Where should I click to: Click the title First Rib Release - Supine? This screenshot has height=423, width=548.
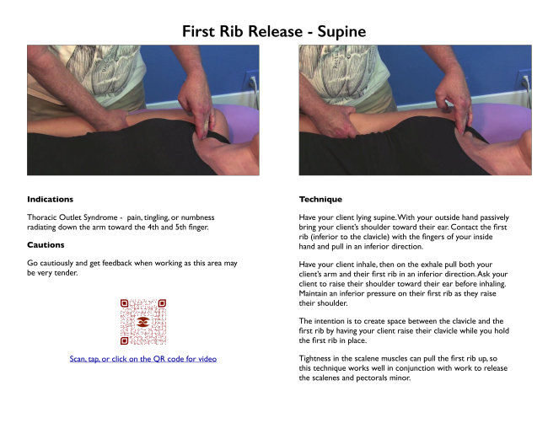coord(274,31)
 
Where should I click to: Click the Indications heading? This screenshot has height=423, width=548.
coord(50,200)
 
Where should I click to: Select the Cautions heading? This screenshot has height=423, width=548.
coord(46,245)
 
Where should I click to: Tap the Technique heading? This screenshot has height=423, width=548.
coord(320,200)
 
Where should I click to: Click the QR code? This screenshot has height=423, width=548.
coord(142,323)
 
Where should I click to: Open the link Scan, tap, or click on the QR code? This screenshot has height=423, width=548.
coord(142,359)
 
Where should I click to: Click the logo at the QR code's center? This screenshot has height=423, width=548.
coord(142,323)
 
